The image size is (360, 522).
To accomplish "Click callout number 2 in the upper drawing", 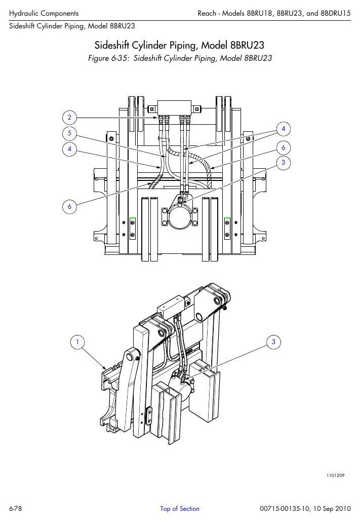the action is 69,117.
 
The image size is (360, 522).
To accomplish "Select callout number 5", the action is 69,133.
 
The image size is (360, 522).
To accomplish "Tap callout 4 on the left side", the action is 69,149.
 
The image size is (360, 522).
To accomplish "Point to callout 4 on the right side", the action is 284,129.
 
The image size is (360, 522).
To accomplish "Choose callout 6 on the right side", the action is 284,148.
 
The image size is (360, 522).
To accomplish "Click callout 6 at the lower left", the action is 69,206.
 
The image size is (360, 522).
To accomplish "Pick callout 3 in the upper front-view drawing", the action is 284,163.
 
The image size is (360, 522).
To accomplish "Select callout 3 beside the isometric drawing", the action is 274,342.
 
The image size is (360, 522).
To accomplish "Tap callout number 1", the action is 77,342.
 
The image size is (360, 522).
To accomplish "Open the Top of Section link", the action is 180,508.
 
